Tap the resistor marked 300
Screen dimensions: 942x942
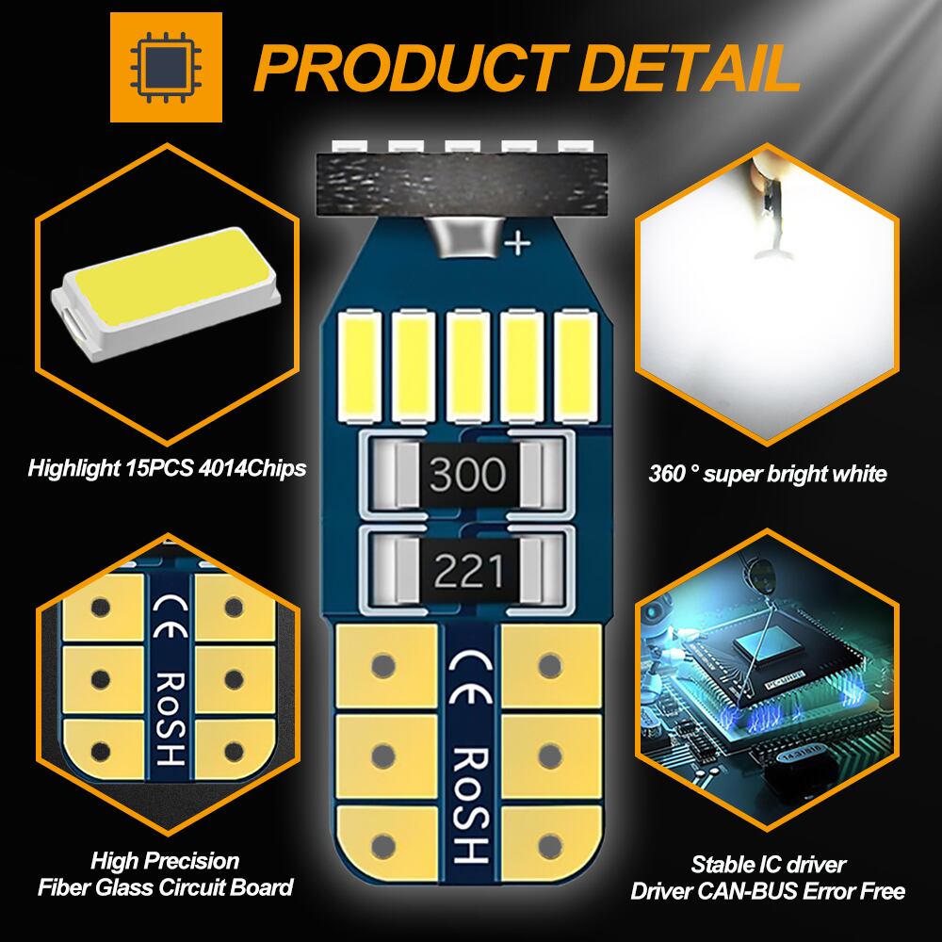click(x=467, y=475)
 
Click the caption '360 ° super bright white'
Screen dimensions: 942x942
click(x=768, y=474)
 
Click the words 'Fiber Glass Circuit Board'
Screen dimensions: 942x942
click(x=166, y=886)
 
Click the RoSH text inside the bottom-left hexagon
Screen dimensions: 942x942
click(x=170, y=717)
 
